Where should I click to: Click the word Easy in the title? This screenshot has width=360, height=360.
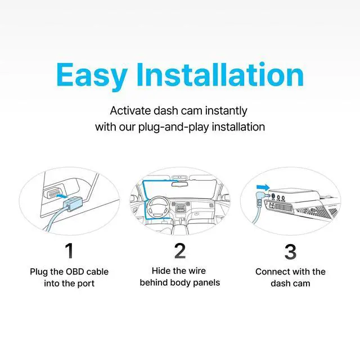pyautogui.click(x=92, y=76)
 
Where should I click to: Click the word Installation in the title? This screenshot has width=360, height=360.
pyautogui.click(x=220, y=74)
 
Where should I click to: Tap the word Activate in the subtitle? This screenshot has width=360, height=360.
pyautogui.click(x=130, y=111)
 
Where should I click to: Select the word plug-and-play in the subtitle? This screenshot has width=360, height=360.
pyautogui.click(x=173, y=127)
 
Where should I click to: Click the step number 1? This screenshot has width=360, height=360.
pyautogui.click(x=69, y=251)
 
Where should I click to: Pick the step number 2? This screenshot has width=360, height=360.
pyautogui.click(x=180, y=251)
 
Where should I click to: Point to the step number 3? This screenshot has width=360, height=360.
pyautogui.click(x=290, y=251)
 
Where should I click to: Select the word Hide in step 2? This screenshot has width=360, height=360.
pyautogui.click(x=161, y=271)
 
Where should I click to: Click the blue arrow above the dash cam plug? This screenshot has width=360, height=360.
pyautogui.click(x=263, y=187)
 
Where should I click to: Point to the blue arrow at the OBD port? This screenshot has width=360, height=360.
pyautogui.click(x=62, y=196)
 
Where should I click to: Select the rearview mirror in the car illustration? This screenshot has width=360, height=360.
pyautogui.click(x=180, y=184)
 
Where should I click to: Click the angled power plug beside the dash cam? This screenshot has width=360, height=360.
pyautogui.click(x=261, y=198)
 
